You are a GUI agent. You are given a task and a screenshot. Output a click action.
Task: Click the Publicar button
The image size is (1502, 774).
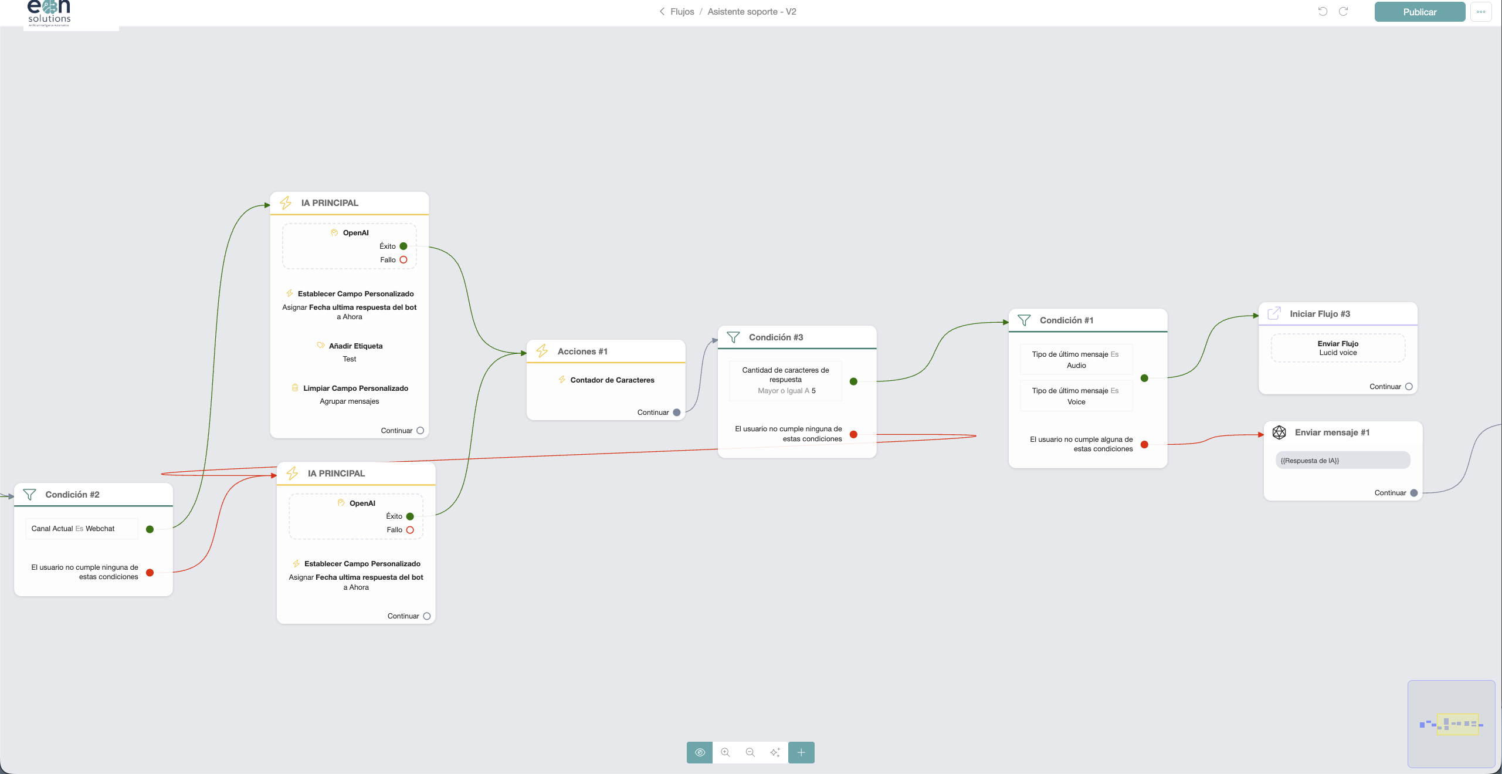[x=1419, y=12]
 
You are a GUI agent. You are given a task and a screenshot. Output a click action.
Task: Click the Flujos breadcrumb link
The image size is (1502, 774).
[x=682, y=12]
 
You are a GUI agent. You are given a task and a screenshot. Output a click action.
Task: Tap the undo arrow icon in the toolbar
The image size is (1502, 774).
[x=1323, y=11]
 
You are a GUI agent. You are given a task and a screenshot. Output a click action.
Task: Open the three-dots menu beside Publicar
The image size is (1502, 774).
[x=1481, y=12]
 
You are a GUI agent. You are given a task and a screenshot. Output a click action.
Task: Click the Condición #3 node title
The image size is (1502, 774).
[x=776, y=337]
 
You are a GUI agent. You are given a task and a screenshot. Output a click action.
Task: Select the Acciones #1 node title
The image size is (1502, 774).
[x=582, y=351]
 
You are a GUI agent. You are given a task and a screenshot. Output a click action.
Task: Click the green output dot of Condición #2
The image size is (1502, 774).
[x=150, y=529]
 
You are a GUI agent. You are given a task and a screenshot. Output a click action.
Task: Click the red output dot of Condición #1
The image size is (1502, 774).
[x=1144, y=445]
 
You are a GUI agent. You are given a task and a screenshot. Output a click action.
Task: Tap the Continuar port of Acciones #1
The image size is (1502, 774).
[x=676, y=413]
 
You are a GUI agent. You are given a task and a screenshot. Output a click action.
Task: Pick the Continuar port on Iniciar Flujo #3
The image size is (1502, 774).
[x=1409, y=387]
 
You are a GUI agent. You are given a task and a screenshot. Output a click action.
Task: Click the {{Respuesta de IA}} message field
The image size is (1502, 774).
[x=1342, y=461]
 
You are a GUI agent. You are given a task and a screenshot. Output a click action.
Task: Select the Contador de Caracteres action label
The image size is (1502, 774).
[x=612, y=380]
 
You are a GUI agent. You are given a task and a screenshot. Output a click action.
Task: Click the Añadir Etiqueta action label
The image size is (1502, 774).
[x=355, y=346]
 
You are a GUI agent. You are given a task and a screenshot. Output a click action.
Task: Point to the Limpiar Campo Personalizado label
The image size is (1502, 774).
[x=355, y=388]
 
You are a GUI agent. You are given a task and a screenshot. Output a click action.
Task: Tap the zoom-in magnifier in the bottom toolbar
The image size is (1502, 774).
[x=725, y=752]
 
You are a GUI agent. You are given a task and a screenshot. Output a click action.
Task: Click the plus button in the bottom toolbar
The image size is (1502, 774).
[x=801, y=752]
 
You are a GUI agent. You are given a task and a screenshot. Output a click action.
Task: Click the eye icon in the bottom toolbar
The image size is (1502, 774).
[x=700, y=752]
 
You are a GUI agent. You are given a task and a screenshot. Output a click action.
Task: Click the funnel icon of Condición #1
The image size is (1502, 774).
[x=1024, y=320]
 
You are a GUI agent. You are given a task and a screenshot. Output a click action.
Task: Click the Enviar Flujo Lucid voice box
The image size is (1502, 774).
[x=1338, y=348]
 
